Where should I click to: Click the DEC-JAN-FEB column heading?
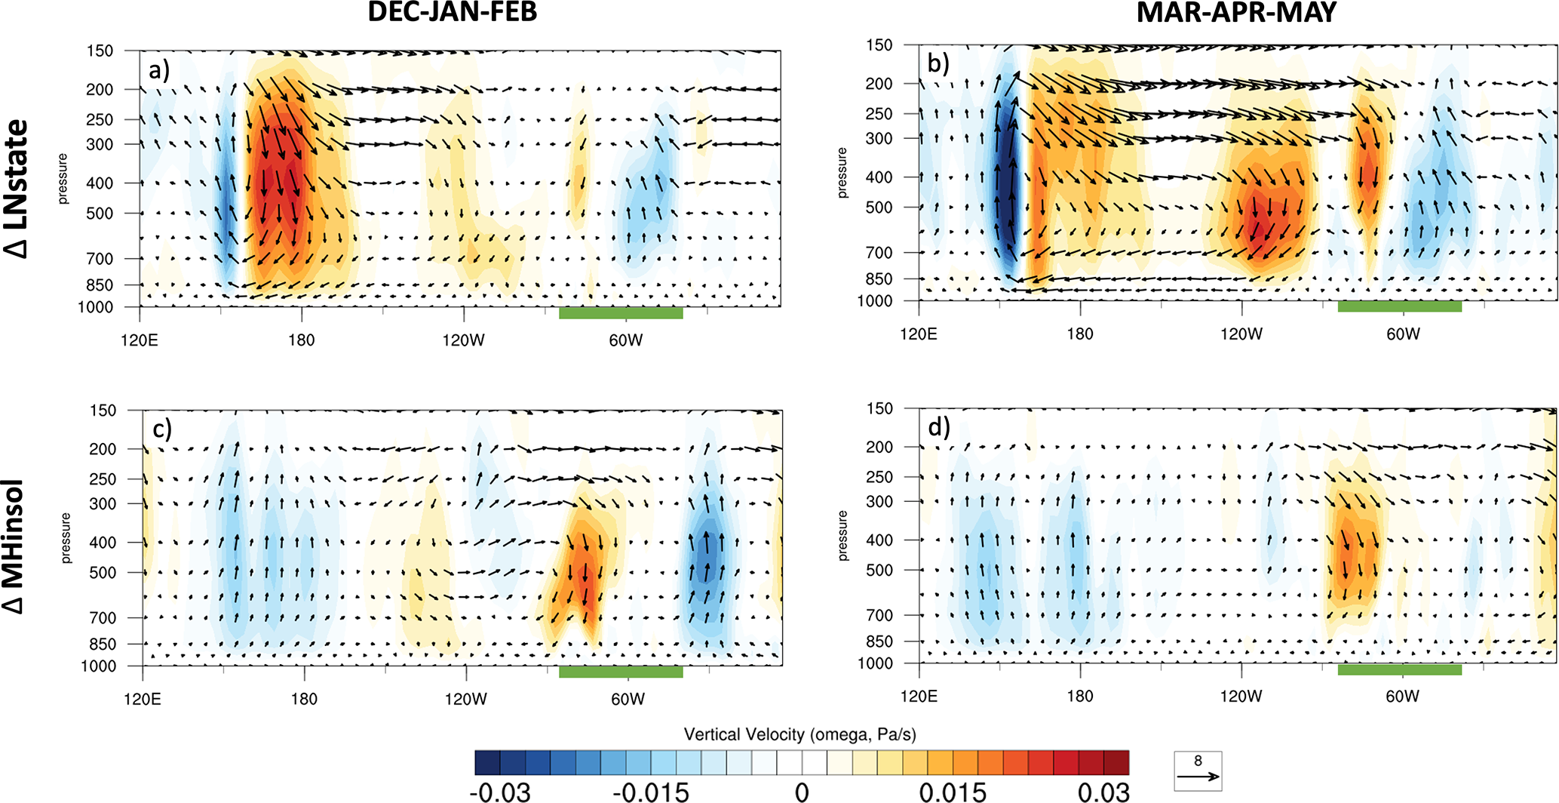coord(452,13)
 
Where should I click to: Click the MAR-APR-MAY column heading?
coord(1236,13)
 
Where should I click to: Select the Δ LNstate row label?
coord(17,189)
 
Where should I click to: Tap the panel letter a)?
coord(159,70)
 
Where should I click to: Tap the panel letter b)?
coord(938,63)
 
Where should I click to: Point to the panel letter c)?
coord(162,429)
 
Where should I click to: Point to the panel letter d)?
coord(939,427)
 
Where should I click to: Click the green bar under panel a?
coord(621,313)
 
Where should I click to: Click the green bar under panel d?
coord(1399,669)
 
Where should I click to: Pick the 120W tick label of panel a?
coord(463,340)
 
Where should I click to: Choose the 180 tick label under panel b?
coord(1080,334)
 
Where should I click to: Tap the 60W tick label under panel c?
coord(628,699)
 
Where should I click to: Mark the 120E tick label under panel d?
coord(919,696)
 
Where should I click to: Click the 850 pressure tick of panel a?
coord(100,285)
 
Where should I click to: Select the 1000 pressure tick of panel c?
coord(98,666)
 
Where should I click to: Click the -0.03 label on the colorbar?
coord(500,792)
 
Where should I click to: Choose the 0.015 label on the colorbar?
coord(953,792)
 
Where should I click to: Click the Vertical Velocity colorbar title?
coord(799,734)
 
